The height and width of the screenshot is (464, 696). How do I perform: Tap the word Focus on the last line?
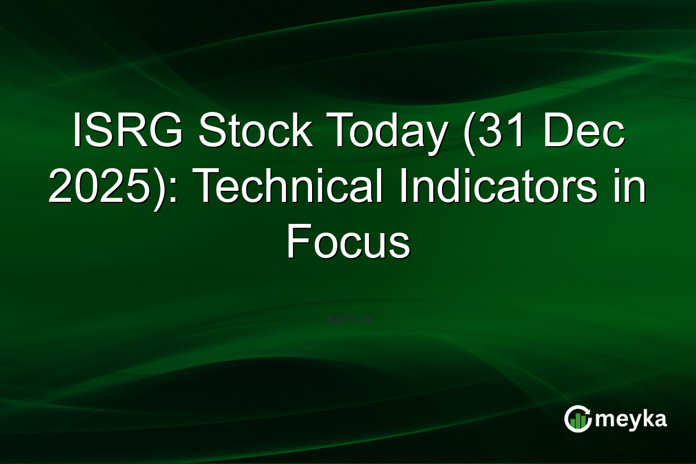pos(348,242)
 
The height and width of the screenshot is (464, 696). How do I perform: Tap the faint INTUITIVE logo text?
pos(347,320)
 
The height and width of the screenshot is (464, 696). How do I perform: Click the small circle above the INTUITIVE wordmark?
pos(347,313)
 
